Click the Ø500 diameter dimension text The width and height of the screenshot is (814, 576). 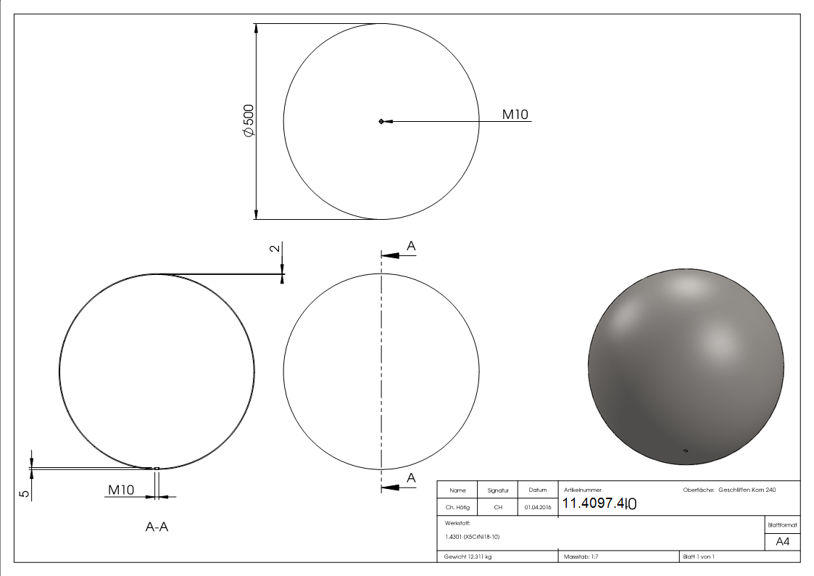coord(248,121)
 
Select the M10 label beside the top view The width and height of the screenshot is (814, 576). coord(515,114)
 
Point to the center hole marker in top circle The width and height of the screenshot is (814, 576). coord(381,121)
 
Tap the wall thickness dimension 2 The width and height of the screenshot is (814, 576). coord(273,248)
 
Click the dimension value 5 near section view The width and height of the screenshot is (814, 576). coord(24,493)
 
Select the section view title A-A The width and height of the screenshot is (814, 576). coord(157,527)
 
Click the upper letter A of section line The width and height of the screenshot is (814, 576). coord(411,247)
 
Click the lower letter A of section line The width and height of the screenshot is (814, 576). coord(411,477)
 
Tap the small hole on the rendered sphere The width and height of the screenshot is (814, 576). coord(686,450)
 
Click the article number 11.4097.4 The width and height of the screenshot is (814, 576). coord(599,503)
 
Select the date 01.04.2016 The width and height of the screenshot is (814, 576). coord(537,508)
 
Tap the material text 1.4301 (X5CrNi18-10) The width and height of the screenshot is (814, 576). coord(473,537)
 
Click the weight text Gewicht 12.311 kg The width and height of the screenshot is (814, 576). coord(468,556)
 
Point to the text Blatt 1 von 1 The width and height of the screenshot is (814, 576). coord(699,556)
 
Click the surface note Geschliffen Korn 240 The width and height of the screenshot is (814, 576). coord(747,490)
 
